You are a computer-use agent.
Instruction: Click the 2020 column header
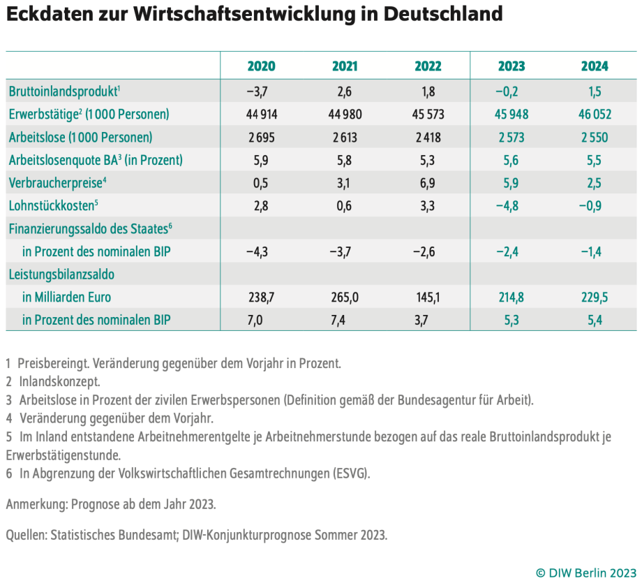[261, 66]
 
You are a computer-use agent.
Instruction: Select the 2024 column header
[595, 66]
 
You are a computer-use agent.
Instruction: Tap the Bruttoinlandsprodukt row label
[64, 91]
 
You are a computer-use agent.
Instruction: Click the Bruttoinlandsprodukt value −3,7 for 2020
[261, 91]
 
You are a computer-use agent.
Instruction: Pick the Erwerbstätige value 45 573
[428, 115]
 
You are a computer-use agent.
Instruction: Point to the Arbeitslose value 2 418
[428, 138]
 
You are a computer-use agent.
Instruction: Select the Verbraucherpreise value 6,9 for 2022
[428, 183]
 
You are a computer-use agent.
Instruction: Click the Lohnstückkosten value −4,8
[512, 206]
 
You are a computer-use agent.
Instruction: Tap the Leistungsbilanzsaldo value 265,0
[345, 297]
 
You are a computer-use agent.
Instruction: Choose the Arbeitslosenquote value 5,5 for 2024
[595, 160]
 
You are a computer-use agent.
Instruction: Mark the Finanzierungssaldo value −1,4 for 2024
[595, 251]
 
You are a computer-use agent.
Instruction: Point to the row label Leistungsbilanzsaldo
[61, 274]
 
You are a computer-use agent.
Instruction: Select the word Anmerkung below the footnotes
[33, 503]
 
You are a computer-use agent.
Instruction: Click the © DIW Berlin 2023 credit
[585, 571]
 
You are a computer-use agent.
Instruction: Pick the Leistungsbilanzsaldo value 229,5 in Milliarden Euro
[595, 297]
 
